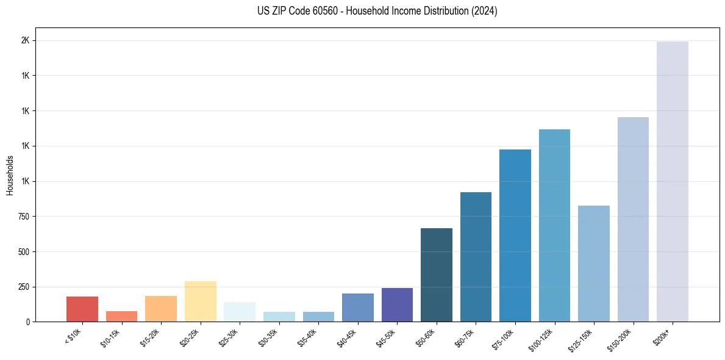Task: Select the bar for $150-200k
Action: [x=633, y=219]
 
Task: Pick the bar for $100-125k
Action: [x=554, y=225]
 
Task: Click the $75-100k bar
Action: [x=515, y=236]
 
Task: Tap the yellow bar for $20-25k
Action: [x=200, y=301]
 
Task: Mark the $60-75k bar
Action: [x=476, y=257]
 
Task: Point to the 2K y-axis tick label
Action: [x=26, y=41]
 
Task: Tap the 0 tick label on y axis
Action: [x=28, y=322]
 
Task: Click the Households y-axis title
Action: [x=10, y=175]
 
